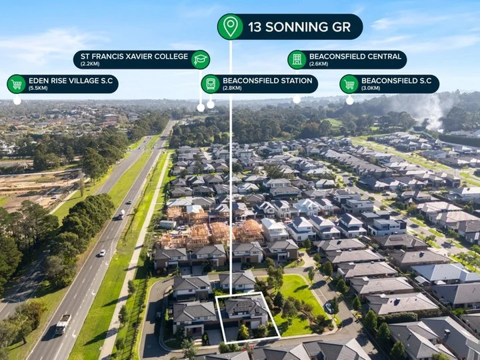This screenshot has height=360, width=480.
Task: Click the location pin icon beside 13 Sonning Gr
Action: tap(230, 27)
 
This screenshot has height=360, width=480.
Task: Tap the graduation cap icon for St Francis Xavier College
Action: tap(201, 59)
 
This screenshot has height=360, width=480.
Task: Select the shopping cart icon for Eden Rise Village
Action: tap(16, 84)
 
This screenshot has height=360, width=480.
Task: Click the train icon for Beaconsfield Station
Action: tap(210, 84)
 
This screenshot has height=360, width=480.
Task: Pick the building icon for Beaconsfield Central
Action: tap(297, 59)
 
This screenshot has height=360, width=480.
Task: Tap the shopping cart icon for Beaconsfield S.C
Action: tap(349, 84)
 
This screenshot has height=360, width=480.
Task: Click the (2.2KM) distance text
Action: tap(90, 64)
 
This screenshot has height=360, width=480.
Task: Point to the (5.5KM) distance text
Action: tap(38, 88)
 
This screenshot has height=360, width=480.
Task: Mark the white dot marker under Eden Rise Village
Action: tap(17, 100)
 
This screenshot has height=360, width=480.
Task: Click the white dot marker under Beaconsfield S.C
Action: tap(349, 100)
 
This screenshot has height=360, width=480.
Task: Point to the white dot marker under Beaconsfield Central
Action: tap(297, 99)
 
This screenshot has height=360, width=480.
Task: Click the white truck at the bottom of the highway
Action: tap(63, 324)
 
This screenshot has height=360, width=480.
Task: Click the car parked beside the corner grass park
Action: tap(329, 307)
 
